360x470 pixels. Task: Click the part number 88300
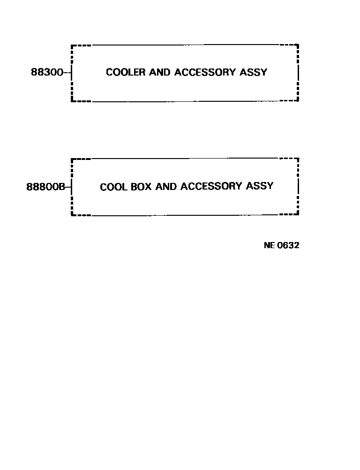(47, 73)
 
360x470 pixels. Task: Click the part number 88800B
(45, 187)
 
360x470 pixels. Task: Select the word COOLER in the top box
(126, 72)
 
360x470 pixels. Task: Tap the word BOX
(141, 187)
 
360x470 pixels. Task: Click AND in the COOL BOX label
(166, 187)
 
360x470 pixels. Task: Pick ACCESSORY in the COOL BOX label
(211, 186)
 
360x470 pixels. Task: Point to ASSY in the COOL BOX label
(260, 186)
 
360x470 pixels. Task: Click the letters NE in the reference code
(269, 245)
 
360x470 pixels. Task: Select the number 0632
(288, 245)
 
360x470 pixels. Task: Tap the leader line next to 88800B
(68, 187)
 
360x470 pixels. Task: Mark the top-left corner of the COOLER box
(72, 45)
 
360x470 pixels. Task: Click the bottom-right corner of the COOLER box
(298, 100)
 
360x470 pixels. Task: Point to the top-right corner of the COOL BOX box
(298, 159)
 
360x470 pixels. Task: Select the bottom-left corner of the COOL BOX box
(72, 215)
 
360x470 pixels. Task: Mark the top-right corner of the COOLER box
(298, 45)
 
